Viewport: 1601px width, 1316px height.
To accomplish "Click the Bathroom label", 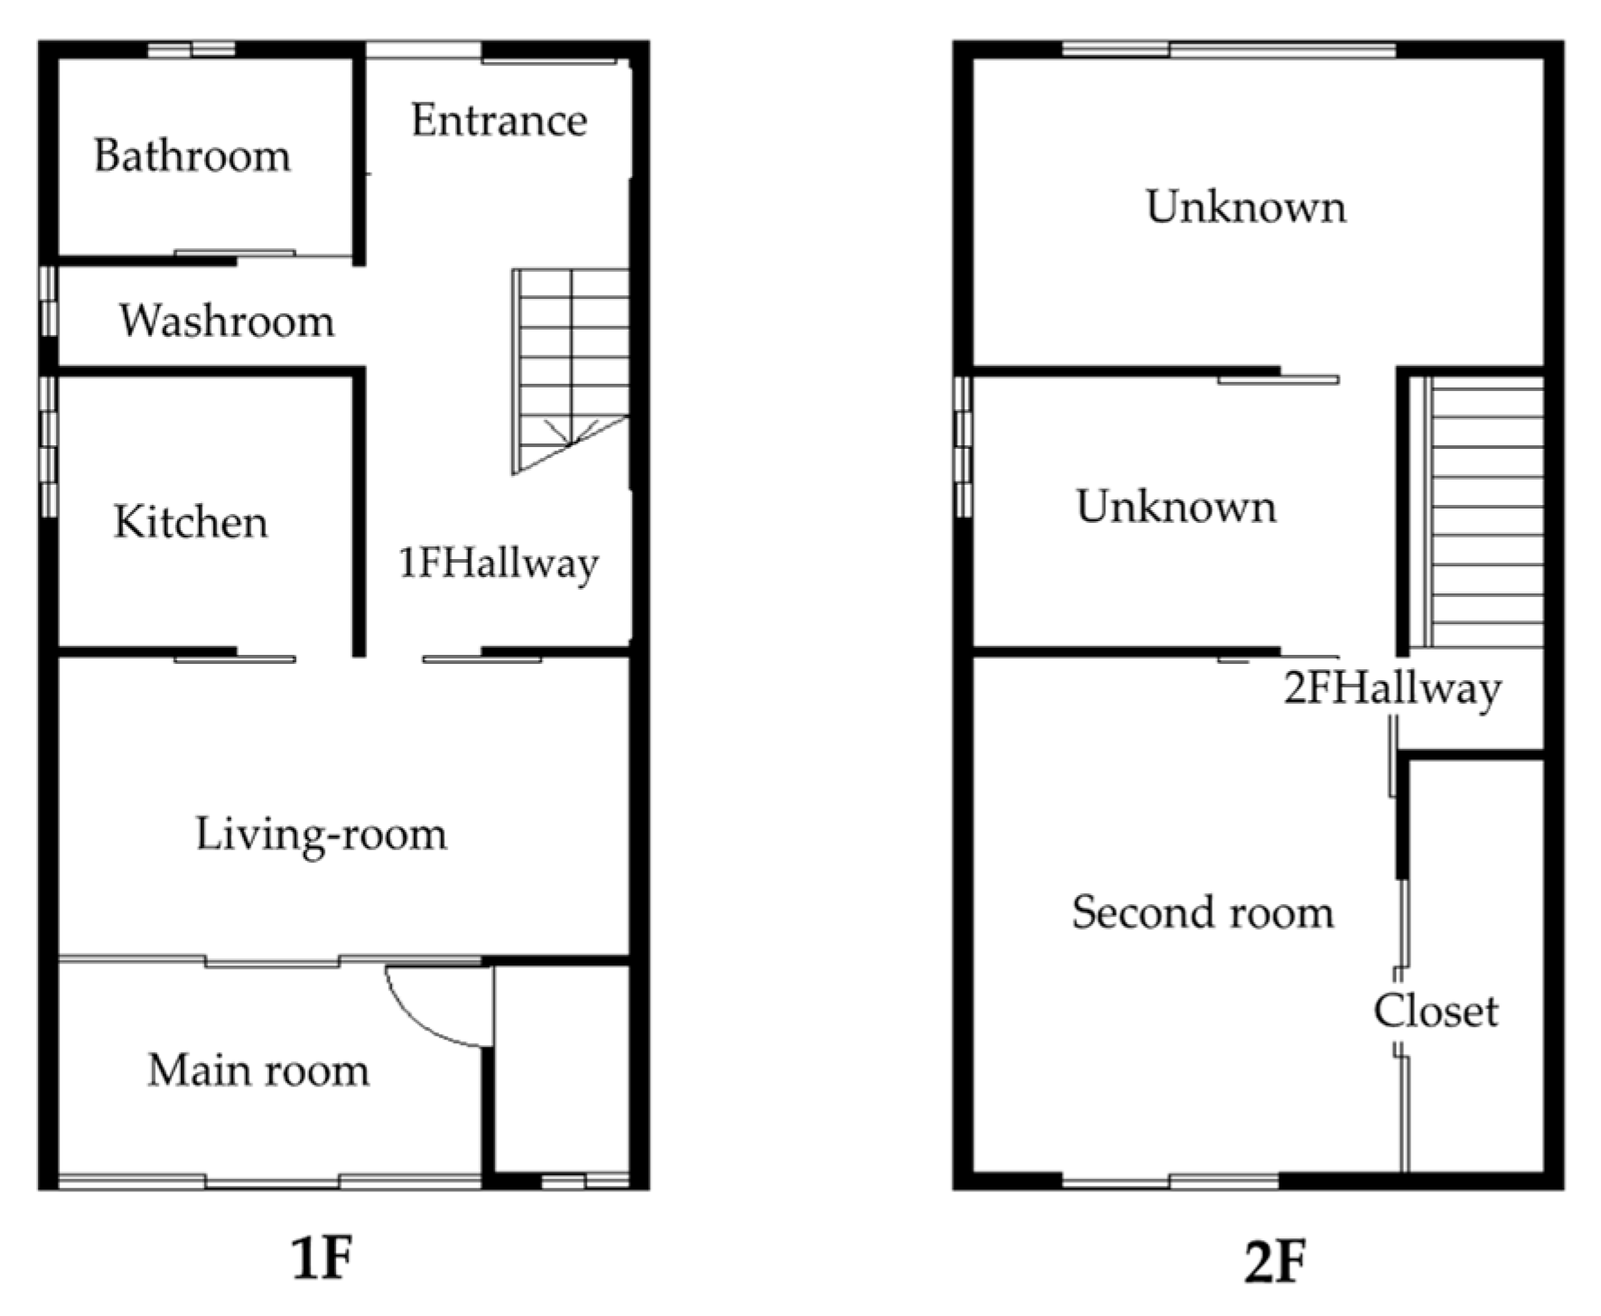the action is (x=192, y=155).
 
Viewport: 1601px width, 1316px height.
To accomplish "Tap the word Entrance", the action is (x=499, y=120).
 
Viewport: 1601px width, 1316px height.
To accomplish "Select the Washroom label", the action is (x=227, y=321).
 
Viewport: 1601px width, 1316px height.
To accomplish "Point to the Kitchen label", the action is (x=191, y=522).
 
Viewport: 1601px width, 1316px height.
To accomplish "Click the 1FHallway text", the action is (x=498, y=564).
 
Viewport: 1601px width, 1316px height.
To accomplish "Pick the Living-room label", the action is (x=321, y=834).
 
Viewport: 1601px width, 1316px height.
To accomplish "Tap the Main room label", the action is (x=258, y=1070).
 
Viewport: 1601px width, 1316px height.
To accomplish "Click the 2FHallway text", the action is (x=1392, y=689).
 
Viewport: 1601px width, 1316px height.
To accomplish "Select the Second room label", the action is (x=1203, y=912).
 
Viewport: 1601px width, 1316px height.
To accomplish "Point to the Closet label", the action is (x=1436, y=1011).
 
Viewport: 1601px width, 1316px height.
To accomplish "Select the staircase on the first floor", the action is (x=570, y=370).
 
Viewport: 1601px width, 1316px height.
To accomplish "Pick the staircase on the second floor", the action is (x=1483, y=511).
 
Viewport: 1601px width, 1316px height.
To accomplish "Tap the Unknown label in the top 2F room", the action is (x=1246, y=207).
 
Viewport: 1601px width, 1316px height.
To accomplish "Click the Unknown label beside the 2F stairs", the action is (x=1177, y=507).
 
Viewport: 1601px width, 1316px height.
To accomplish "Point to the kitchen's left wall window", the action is (x=49, y=447).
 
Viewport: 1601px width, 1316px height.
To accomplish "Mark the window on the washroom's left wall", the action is (x=49, y=301).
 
